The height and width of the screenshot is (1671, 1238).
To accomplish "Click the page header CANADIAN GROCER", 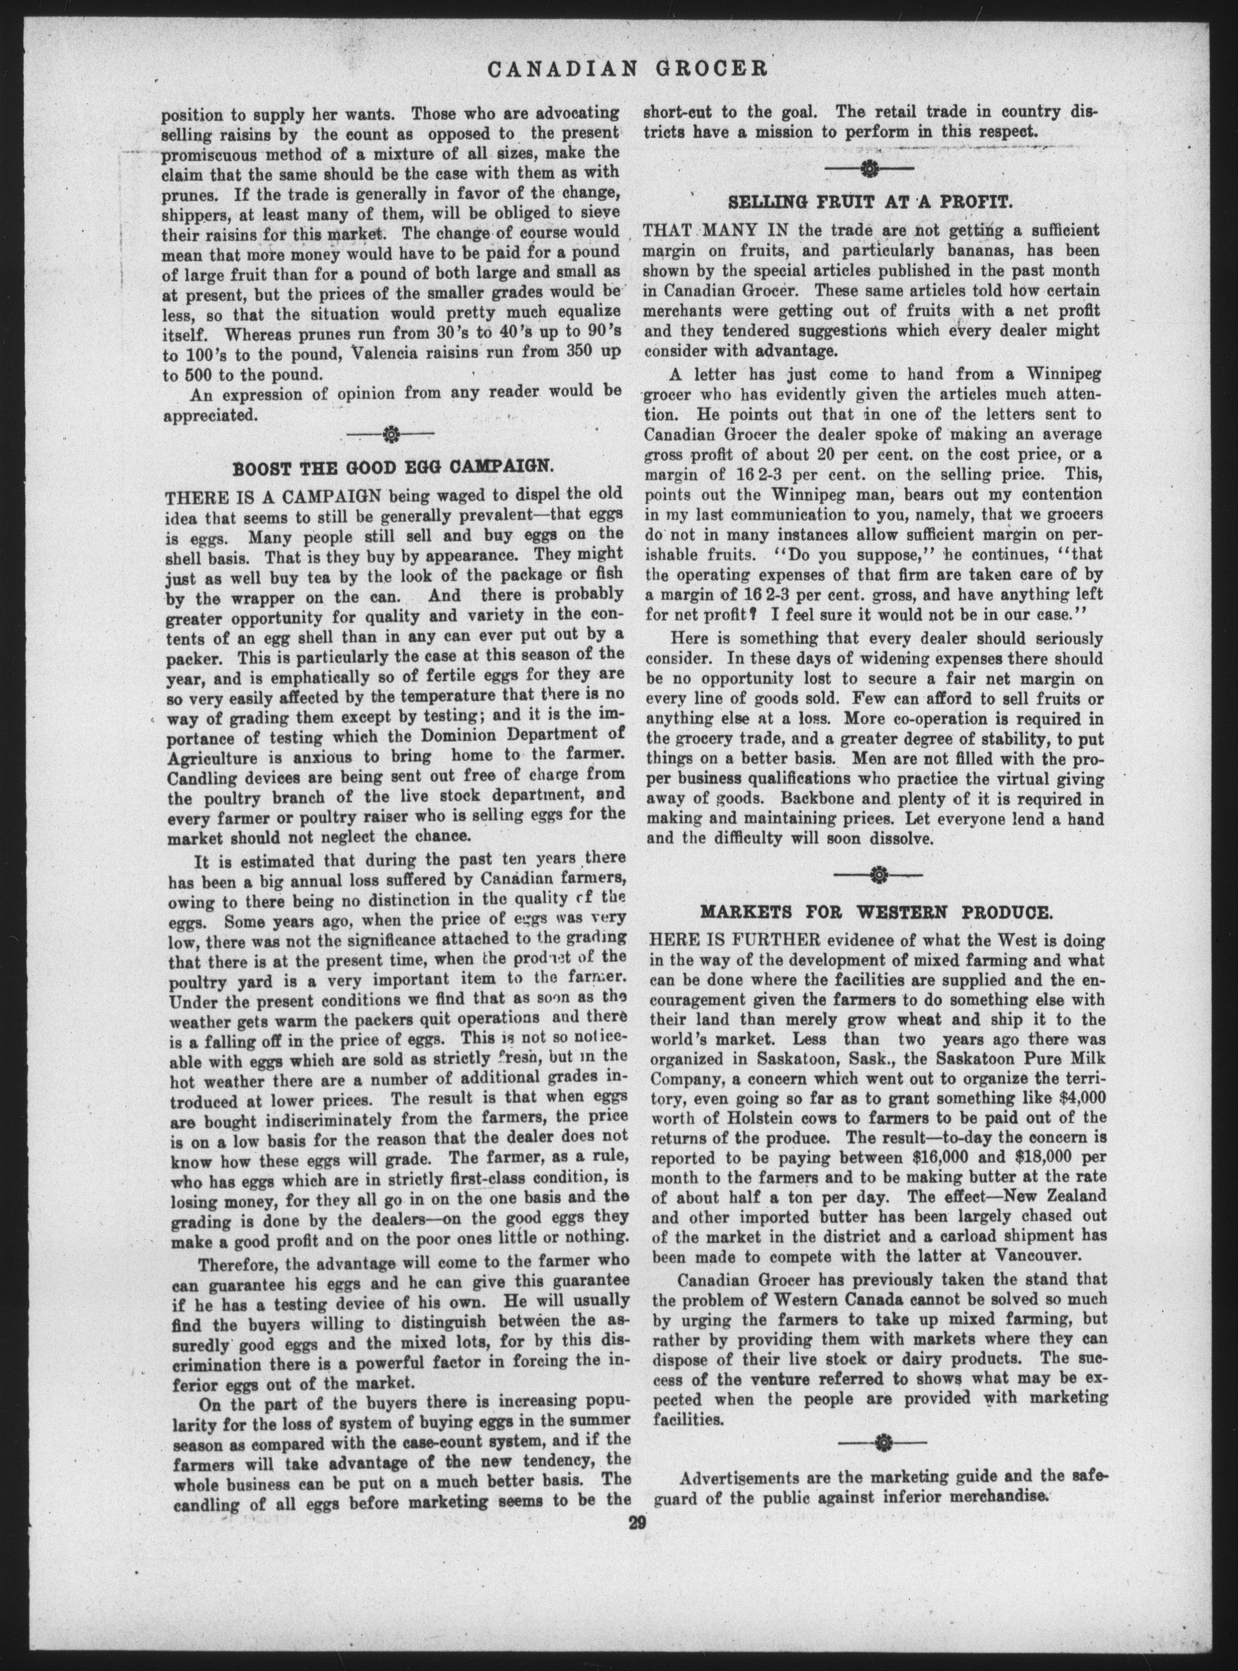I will coord(627,70).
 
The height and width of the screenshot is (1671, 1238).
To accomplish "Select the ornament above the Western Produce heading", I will coord(878,874).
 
